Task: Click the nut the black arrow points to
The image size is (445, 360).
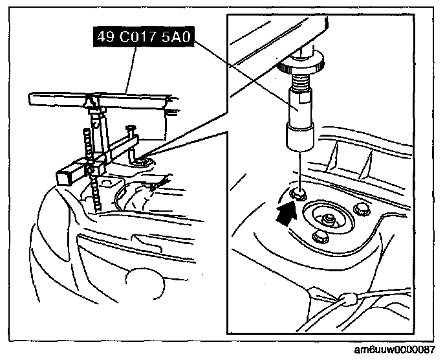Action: [299, 193]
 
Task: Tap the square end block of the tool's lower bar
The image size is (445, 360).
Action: [66, 175]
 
